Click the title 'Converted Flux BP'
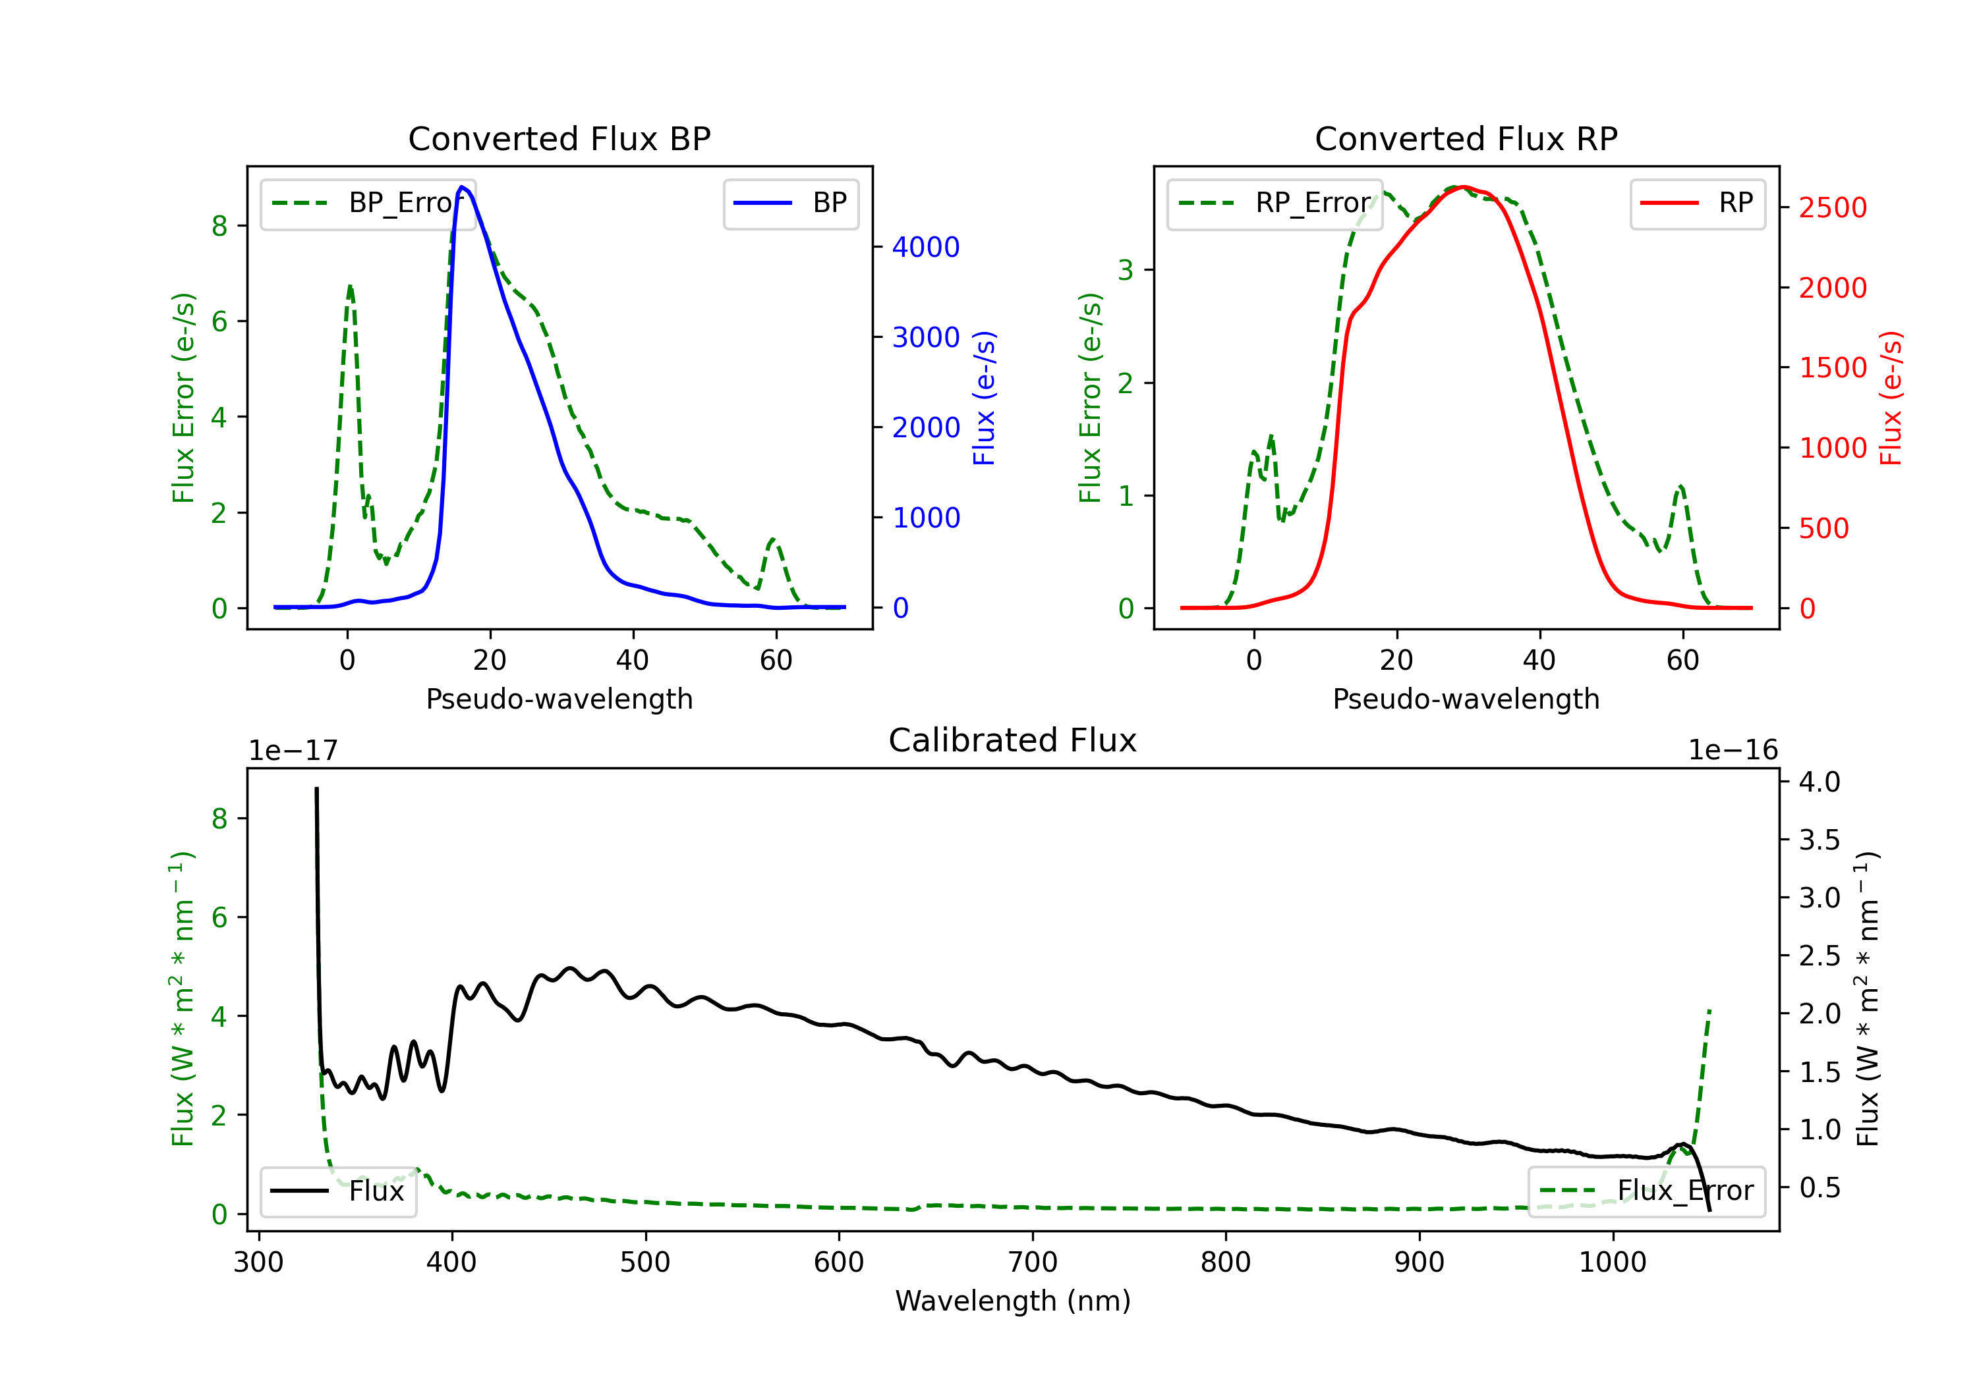coord(559,138)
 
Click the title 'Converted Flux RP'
coord(1466,138)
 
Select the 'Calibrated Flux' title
coord(1013,740)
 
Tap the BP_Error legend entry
coord(368,203)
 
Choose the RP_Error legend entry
coord(1275,203)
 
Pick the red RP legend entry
coord(1697,203)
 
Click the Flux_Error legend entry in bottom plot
coord(1646,1191)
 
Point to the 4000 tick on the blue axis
coord(926,248)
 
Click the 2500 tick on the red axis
coord(1832,207)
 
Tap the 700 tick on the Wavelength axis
coord(1033,1262)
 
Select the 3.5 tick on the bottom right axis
coord(1819,840)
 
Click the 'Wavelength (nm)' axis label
coord(1013,1301)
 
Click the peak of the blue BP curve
coord(463,187)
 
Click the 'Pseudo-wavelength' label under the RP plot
coord(1466,699)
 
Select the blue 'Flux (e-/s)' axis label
coord(984,398)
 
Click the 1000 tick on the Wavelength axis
coord(1612,1262)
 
